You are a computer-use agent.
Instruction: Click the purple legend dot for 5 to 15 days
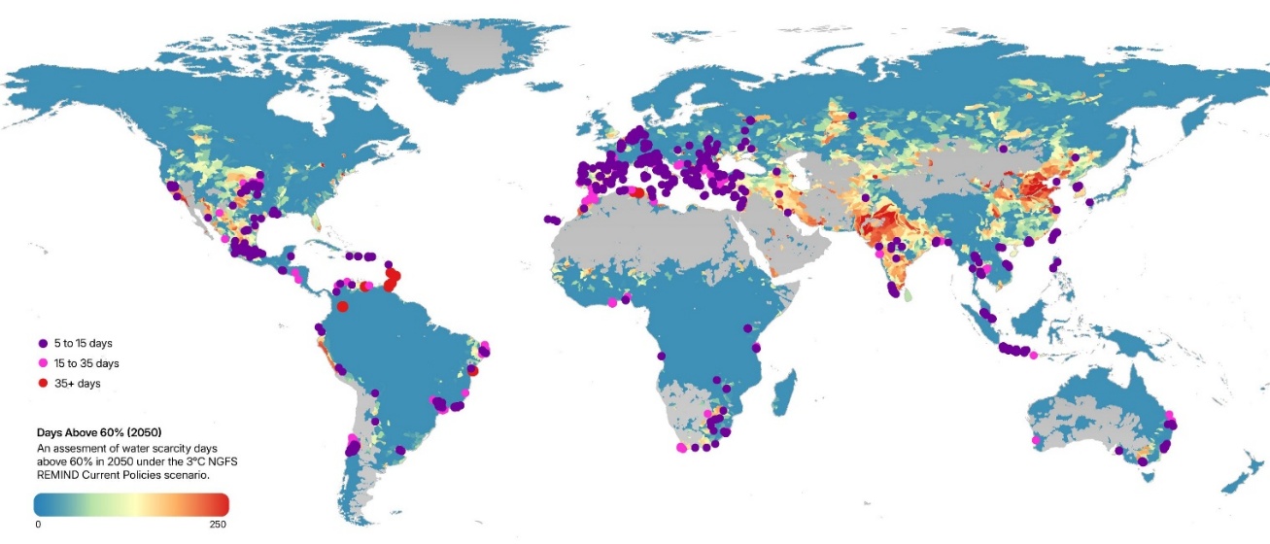click(43, 344)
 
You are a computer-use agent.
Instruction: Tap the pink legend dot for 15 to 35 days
click(43, 363)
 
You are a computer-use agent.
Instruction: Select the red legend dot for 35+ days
click(43, 384)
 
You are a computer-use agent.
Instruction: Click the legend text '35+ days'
click(78, 384)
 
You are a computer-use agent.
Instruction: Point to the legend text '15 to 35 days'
click(87, 363)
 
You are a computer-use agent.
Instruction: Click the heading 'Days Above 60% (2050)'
click(98, 431)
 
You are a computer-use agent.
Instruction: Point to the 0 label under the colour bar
click(38, 526)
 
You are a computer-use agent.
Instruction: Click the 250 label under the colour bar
click(217, 526)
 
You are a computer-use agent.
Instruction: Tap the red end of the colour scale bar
click(219, 504)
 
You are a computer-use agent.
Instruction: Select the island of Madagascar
click(790, 385)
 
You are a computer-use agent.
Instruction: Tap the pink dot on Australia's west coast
click(1036, 441)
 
